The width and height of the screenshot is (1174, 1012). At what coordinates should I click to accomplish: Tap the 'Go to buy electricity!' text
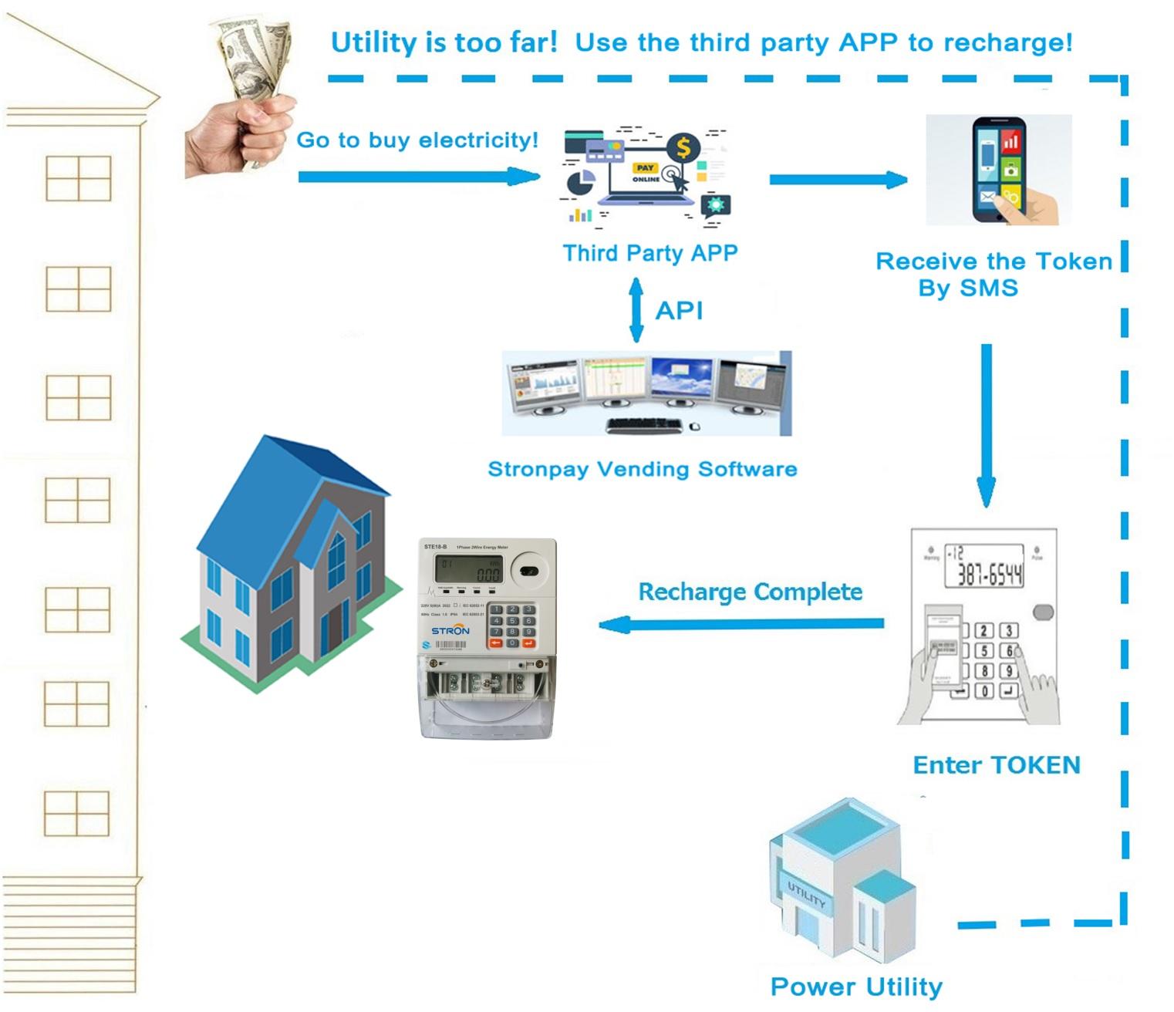417,140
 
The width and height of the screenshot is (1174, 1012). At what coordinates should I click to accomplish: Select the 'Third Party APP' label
649,253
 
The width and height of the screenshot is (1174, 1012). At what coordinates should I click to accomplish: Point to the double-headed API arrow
636,310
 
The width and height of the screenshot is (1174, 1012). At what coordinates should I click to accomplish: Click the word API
679,311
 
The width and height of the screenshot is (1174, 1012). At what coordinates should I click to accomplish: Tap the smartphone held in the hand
999,170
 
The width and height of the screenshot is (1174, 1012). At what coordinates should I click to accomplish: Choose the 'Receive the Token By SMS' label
994,275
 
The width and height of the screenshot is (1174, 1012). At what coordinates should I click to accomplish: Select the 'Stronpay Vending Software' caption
643,469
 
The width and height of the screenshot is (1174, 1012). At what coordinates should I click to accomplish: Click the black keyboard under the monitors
644,425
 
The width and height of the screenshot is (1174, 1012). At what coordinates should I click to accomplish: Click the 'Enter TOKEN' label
997,765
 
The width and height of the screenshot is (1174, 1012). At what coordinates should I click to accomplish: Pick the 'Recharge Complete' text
750,592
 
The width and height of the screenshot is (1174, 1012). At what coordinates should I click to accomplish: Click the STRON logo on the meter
450,630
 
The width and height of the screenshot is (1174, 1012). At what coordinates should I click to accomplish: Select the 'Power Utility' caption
856,987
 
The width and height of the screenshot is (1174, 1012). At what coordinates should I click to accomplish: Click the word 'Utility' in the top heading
373,42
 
